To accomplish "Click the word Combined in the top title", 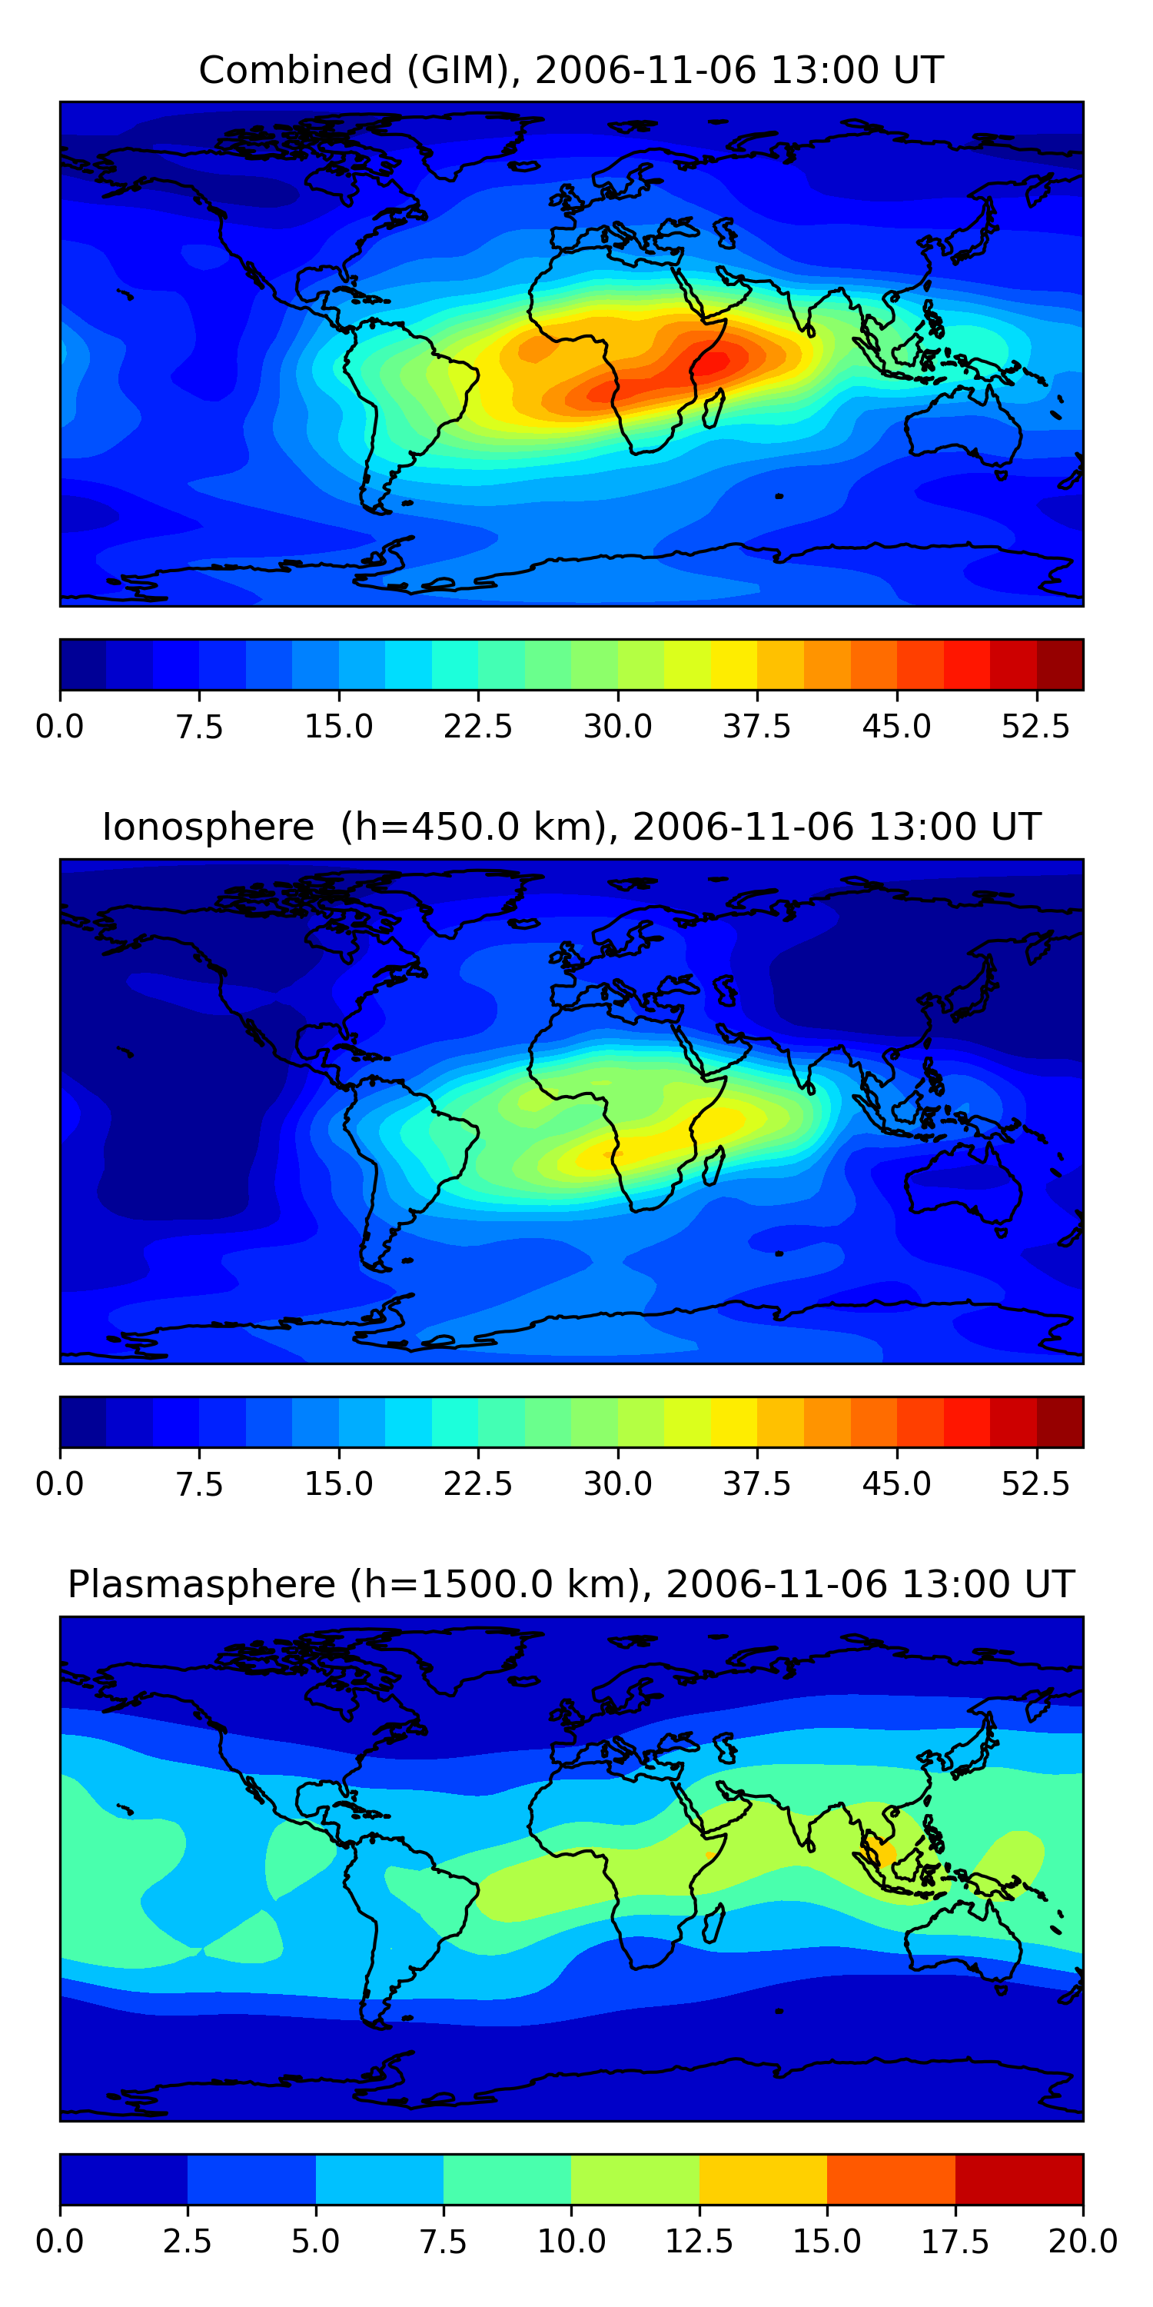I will [x=295, y=70].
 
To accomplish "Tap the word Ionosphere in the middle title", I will [x=208, y=827].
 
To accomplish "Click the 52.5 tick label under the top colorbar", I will [x=1035, y=726].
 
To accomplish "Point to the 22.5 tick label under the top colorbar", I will [x=478, y=726].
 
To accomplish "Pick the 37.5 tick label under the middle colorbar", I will [x=757, y=1483].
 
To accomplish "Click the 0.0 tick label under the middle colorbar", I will [x=60, y=1483].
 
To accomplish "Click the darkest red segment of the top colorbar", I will [x=1060, y=664].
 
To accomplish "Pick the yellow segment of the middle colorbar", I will [x=734, y=1421].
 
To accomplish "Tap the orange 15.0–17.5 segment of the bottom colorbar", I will [x=891, y=2178].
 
